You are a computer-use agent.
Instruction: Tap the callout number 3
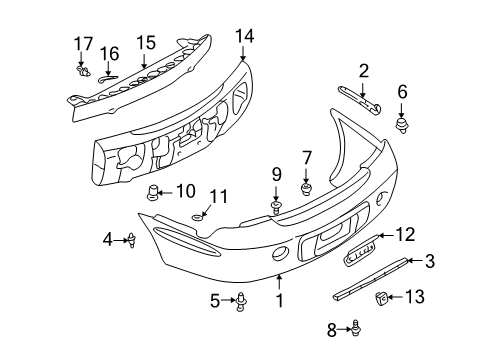(429, 263)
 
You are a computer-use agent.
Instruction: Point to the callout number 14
(245, 37)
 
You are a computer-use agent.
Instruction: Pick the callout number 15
(147, 43)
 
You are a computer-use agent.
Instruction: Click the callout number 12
(405, 235)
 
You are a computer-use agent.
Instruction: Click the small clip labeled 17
(81, 71)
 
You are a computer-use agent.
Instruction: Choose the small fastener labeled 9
(275, 208)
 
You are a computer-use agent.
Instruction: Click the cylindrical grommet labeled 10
(153, 193)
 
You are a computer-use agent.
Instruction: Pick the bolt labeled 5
(242, 299)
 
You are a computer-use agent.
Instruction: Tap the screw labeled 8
(354, 326)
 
